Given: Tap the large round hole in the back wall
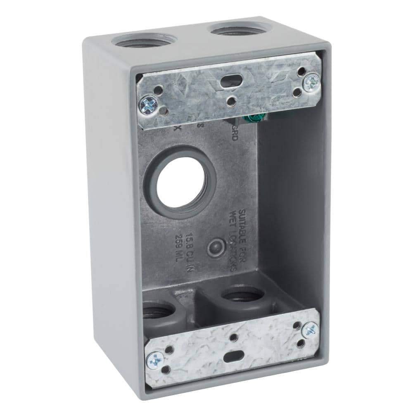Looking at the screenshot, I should point(182,182).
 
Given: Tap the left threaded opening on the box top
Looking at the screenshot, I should point(145,40).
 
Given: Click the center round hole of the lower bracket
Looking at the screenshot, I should point(234,338).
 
